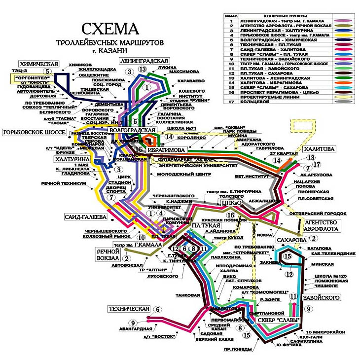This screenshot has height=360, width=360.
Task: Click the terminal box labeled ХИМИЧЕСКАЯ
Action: point(39,64)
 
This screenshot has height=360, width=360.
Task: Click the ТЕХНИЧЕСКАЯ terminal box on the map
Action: point(129,309)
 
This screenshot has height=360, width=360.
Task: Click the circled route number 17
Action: point(317,164)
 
